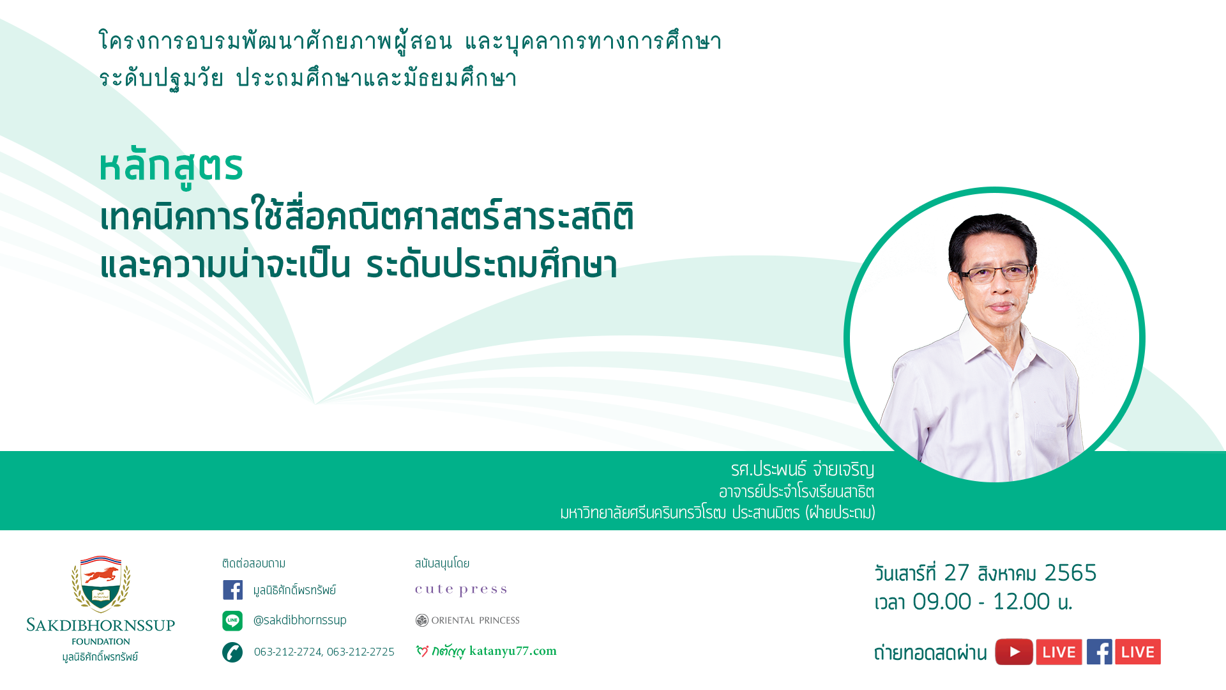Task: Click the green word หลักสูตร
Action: click(171, 167)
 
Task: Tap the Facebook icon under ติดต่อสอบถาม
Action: click(232, 590)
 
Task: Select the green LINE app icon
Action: click(232, 620)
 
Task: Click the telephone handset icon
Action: click(232, 652)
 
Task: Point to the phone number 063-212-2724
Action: click(288, 652)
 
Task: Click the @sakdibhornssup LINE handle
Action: click(300, 620)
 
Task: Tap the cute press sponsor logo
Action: click(461, 590)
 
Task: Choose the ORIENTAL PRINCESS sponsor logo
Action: click(467, 620)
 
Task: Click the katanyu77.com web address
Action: click(513, 651)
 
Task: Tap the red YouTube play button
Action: click(1014, 652)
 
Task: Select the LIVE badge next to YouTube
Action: click(1059, 652)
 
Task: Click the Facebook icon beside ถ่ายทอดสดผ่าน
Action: click(1100, 652)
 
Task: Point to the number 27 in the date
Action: click(957, 573)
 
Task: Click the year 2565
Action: click(1071, 573)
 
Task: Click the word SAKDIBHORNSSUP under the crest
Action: click(101, 625)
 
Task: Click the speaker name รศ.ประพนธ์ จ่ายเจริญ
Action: click(803, 470)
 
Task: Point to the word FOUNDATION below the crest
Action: click(101, 641)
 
